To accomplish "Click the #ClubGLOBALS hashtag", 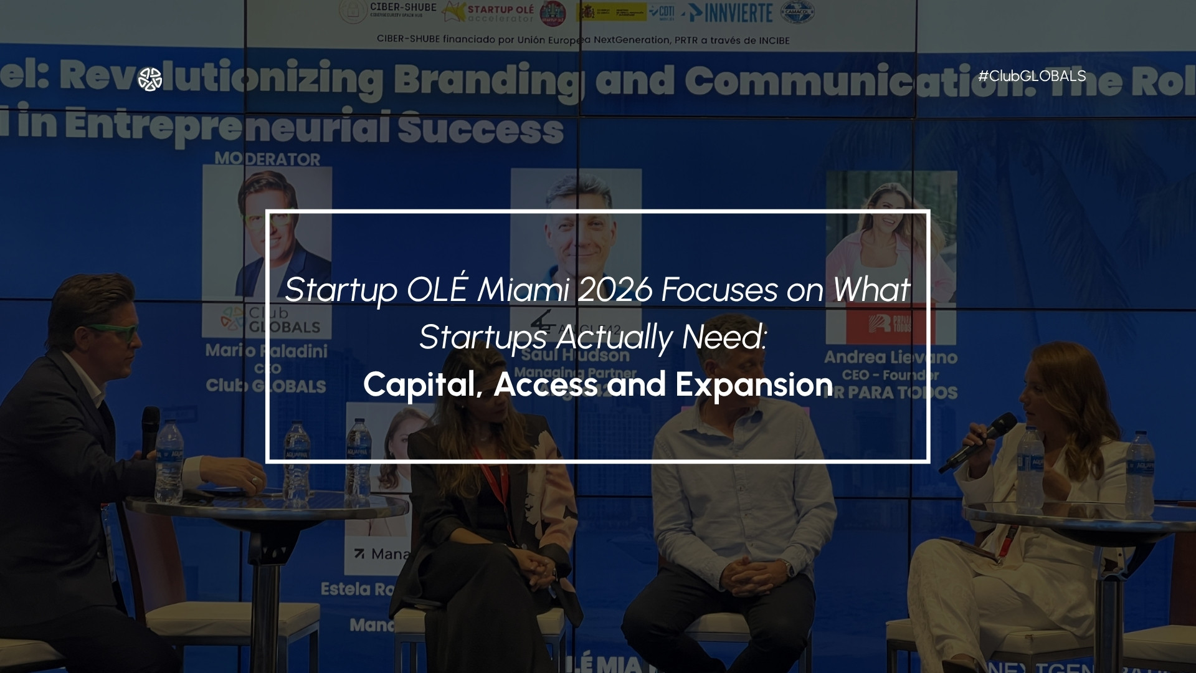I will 1032,76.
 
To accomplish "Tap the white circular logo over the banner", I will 150,79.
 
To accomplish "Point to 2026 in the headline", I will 615,290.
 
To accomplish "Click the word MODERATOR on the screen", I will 267,159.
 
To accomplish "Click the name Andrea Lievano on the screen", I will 891,357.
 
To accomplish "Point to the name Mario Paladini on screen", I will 267,351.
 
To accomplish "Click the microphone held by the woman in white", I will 978,441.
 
